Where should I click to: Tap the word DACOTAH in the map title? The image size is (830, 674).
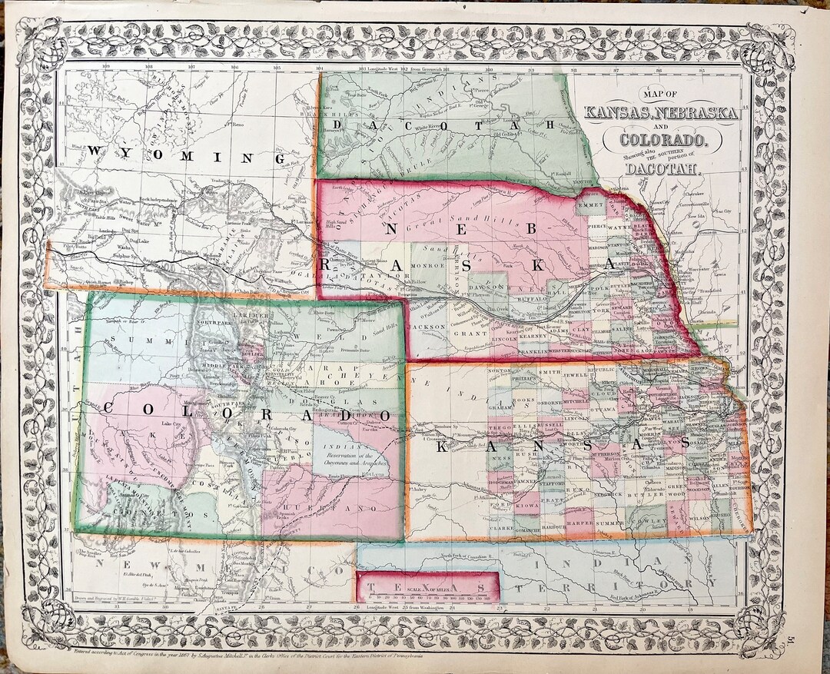[662, 170]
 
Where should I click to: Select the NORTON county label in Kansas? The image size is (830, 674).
[500, 371]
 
